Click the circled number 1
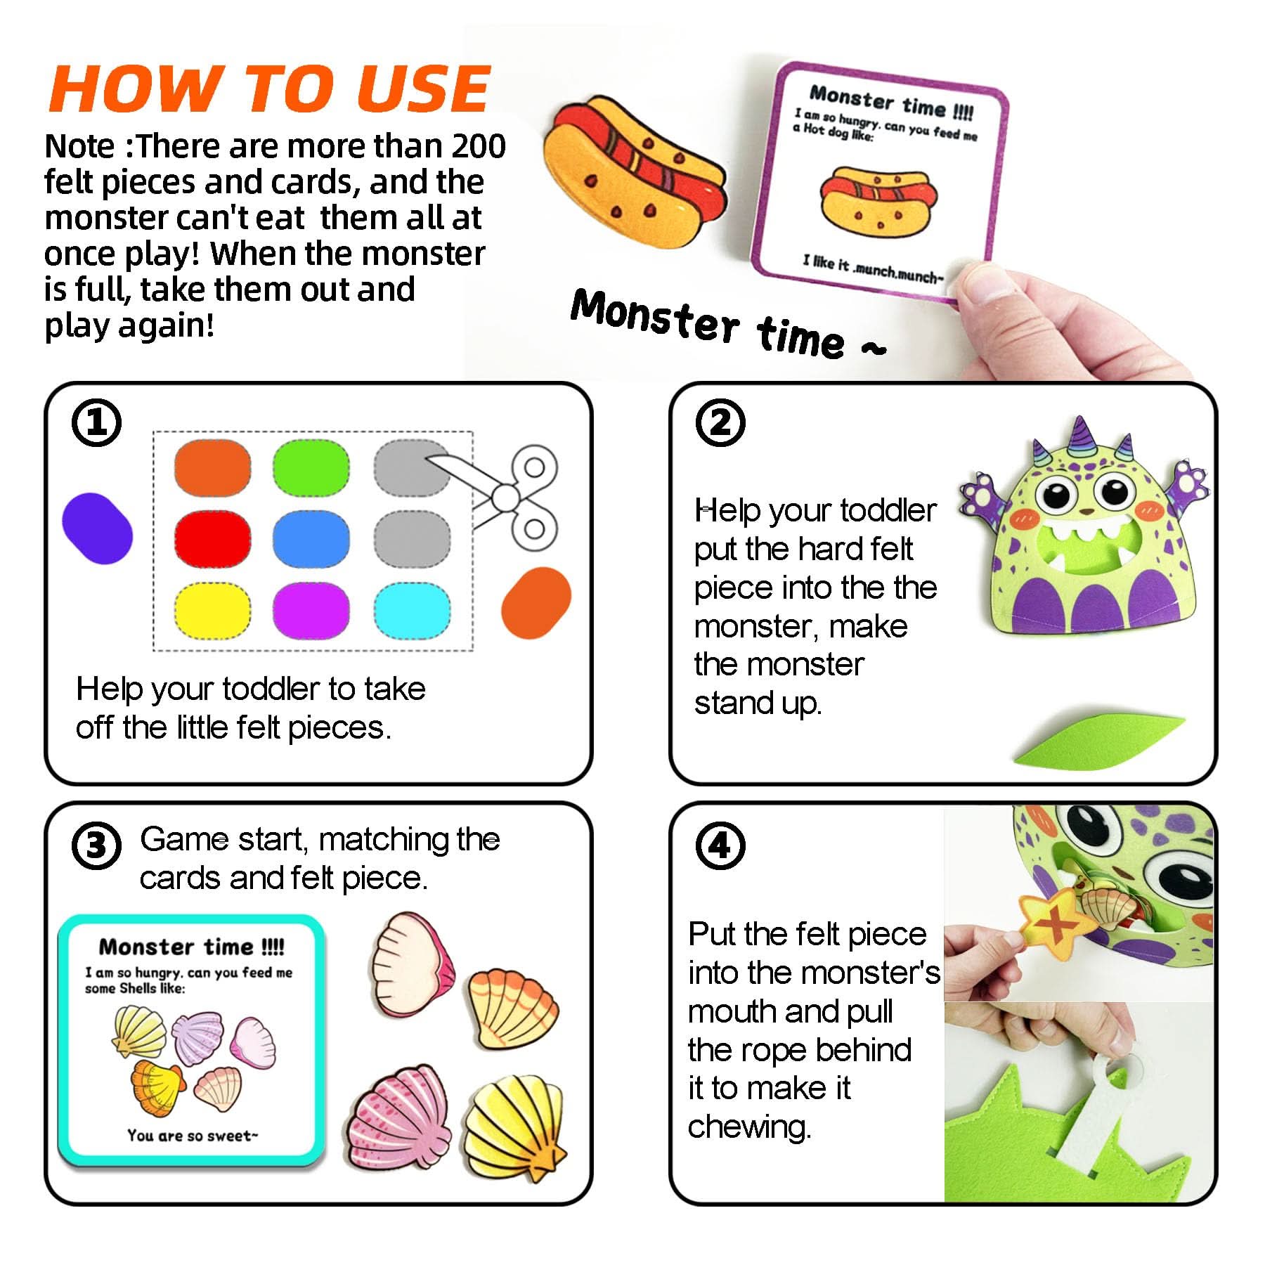[96, 423]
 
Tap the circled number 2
[720, 423]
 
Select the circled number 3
[96, 845]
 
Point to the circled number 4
[720, 845]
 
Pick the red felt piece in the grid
[212, 539]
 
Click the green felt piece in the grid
[311, 467]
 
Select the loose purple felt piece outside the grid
[97, 528]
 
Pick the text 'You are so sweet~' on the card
[193, 1135]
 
